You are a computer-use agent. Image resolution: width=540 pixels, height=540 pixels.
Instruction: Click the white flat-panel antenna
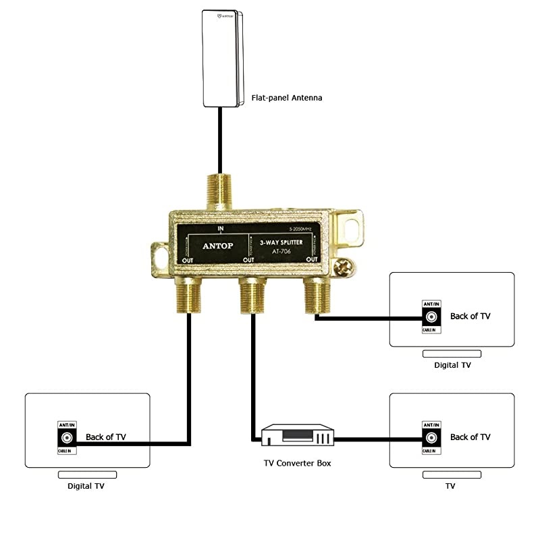pos(223,59)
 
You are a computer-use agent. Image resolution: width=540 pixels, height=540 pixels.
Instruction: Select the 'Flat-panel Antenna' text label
pos(286,98)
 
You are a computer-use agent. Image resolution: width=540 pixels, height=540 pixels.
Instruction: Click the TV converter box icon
pos(298,435)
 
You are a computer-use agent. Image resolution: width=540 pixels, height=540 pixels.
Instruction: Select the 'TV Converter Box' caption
pos(297,463)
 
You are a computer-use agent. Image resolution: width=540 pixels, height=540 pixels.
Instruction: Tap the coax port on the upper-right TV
pos(431,317)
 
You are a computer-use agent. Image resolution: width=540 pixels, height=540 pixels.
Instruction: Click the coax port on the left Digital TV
pos(67,437)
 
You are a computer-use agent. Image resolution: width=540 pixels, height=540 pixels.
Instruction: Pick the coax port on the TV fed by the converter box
pos(431,437)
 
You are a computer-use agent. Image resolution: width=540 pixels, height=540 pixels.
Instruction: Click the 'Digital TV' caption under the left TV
pos(86,485)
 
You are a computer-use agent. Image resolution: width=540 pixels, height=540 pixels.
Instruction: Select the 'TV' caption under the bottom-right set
pos(450,485)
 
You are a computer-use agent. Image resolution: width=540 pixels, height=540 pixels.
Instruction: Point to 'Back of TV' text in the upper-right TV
pos(470,316)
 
